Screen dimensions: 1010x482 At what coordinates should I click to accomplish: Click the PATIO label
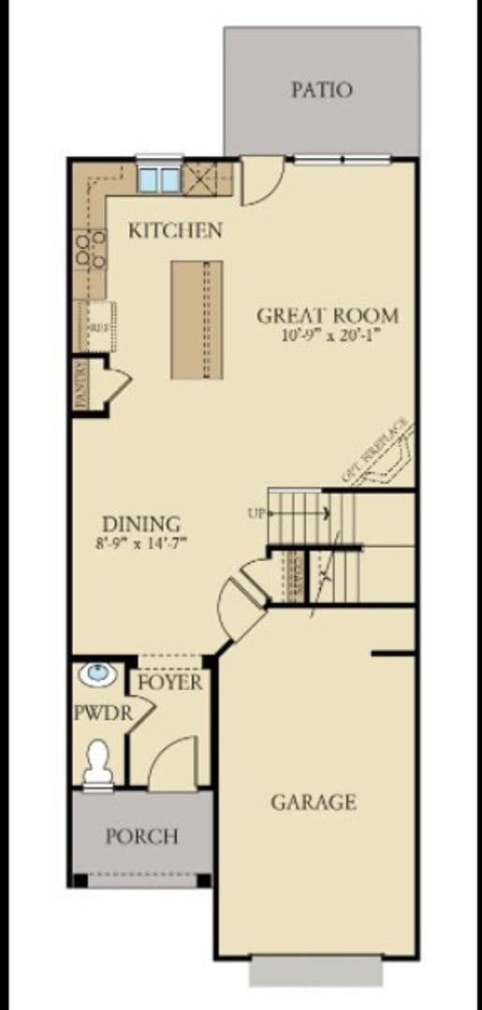321,90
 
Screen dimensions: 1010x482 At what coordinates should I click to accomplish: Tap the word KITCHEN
175,229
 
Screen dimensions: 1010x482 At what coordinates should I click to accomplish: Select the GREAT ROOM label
328,315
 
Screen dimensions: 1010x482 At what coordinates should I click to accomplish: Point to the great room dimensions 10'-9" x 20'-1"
328,335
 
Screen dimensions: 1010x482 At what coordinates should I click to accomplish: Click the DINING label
141,524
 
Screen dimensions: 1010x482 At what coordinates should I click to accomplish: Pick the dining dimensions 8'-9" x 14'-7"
140,542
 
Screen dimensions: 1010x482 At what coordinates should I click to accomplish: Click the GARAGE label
314,801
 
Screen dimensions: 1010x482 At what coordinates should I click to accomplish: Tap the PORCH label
141,835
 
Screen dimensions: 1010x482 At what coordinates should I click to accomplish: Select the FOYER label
170,683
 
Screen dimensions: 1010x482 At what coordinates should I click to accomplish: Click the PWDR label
100,714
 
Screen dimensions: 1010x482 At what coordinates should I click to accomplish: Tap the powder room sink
95,673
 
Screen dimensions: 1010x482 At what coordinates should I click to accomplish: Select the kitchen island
197,319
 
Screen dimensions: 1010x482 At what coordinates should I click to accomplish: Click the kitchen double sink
157,178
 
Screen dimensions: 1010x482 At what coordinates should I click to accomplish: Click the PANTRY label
81,384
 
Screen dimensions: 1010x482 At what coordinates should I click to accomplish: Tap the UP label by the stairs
256,512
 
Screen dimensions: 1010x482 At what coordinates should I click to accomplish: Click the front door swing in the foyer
173,762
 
